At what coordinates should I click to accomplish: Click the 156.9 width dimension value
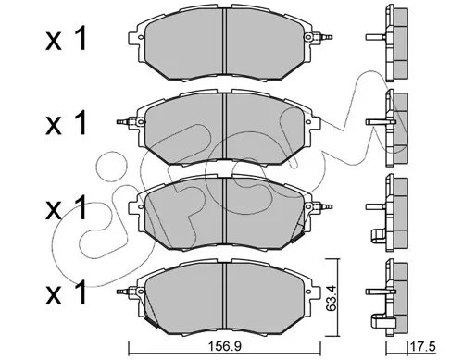(225, 347)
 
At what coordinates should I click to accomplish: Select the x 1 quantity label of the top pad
(67, 39)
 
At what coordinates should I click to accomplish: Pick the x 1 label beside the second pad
(67, 123)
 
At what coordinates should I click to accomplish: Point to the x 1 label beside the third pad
(67, 208)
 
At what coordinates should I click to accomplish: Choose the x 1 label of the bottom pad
(67, 293)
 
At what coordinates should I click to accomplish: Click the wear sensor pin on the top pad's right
(323, 37)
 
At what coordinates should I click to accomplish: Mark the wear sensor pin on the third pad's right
(323, 206)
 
